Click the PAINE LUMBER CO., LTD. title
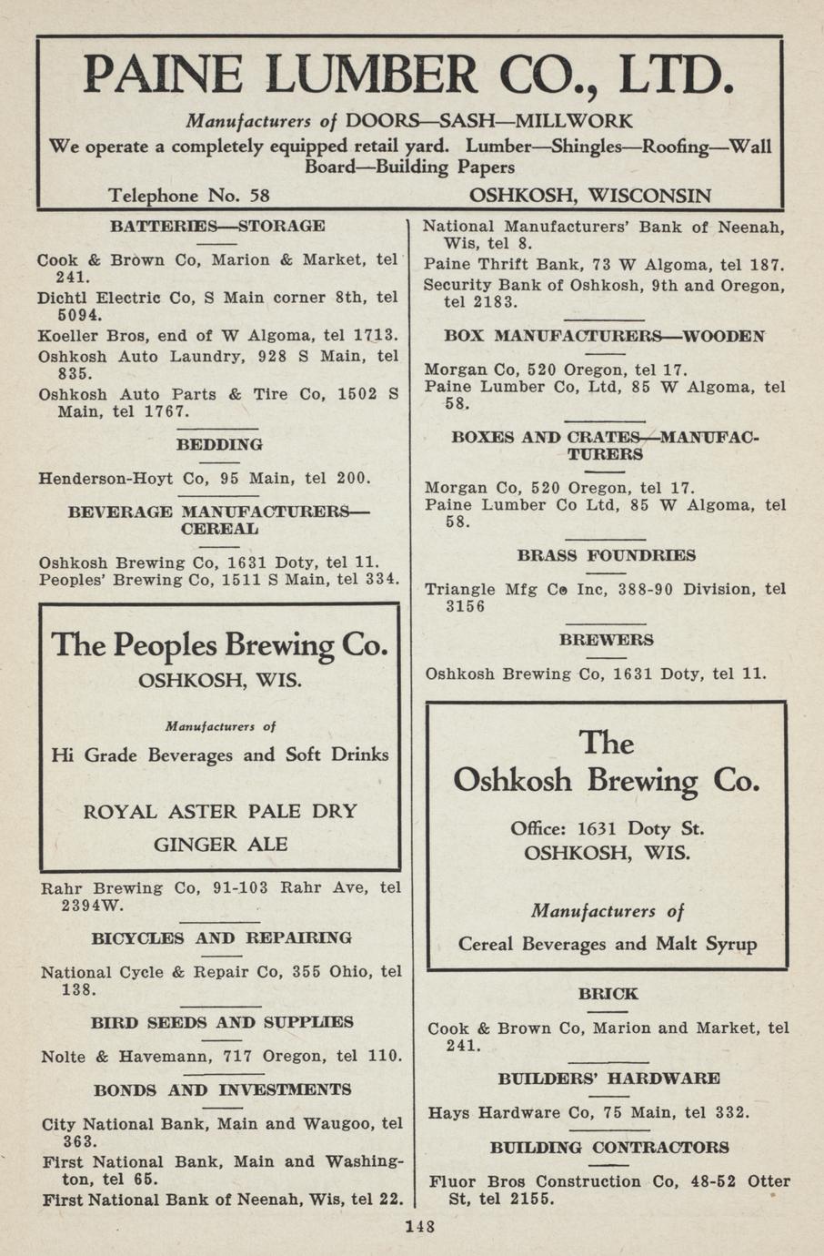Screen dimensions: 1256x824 (408, 75)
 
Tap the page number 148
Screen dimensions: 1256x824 (420, 1226)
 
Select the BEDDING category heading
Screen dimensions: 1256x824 (219, 444)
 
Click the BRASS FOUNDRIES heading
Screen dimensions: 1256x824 (607, 555)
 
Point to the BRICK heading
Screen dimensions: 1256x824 (608, 993)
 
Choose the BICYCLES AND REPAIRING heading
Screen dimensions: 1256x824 (221, 937)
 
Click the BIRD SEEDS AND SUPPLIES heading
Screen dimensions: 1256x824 (222, 1022)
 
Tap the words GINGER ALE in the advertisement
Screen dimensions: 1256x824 (220, 845)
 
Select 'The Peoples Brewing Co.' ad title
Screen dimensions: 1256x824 (220, 645)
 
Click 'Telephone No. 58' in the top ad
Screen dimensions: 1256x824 (188, 196)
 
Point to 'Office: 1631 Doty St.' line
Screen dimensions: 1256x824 (608, 829)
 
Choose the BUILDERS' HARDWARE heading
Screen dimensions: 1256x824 (608, 1079)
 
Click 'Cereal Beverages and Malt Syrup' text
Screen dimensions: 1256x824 (608, 944)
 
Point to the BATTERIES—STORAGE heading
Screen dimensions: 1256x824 (217, 226)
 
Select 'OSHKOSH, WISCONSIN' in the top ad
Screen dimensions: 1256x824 (589, 196)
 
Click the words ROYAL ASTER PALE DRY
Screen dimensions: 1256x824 (220, 811)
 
